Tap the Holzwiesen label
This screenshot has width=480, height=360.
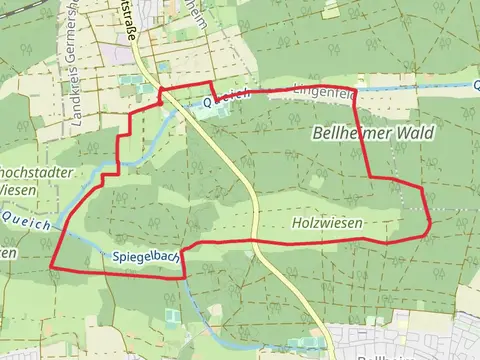point(326,222)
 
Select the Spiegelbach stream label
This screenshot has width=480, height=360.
point(145,258)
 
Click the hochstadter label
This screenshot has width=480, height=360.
point(37,173)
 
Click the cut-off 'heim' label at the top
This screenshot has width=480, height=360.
point(199,12)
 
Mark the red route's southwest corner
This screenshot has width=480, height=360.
point(52,267)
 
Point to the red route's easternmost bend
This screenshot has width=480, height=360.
point(430,224)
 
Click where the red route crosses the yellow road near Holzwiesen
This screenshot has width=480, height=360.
point(254,241)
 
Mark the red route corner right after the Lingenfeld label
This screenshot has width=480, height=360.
point(356,92)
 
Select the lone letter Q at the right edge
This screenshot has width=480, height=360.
point(476,87)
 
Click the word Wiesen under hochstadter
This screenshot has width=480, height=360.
point(20,190)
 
